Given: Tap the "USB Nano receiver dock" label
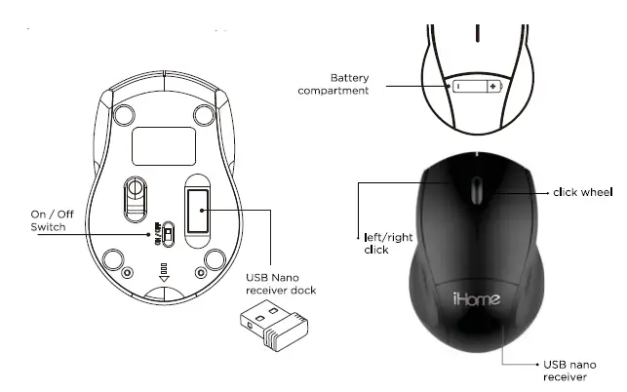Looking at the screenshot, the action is click(279, 284).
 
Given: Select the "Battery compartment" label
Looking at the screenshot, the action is click(349, 84).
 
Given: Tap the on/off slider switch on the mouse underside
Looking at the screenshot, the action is click(168, 234).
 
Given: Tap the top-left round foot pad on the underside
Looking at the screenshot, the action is click(122, 114).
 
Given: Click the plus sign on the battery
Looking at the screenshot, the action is click(492, 86).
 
